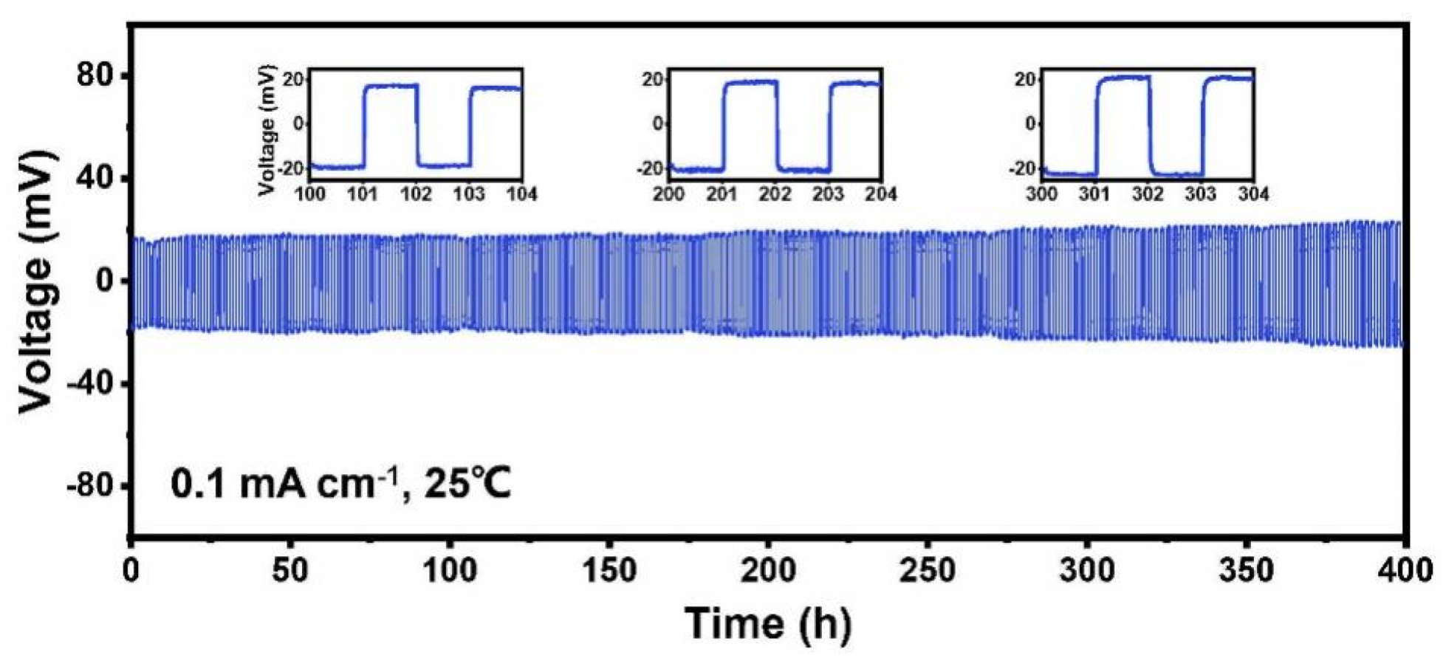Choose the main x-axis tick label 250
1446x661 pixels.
tap(928, 570)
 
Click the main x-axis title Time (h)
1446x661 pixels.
tap(768, 622)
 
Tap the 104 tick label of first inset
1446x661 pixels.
tap(523, 194)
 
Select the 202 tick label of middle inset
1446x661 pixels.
tap(776, 194)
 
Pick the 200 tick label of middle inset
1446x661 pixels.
tap(669, 194)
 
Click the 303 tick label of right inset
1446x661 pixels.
tap(1201, 194)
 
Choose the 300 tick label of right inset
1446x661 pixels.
tap(1042, 194)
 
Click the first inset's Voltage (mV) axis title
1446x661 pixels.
tap(268, 130)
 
